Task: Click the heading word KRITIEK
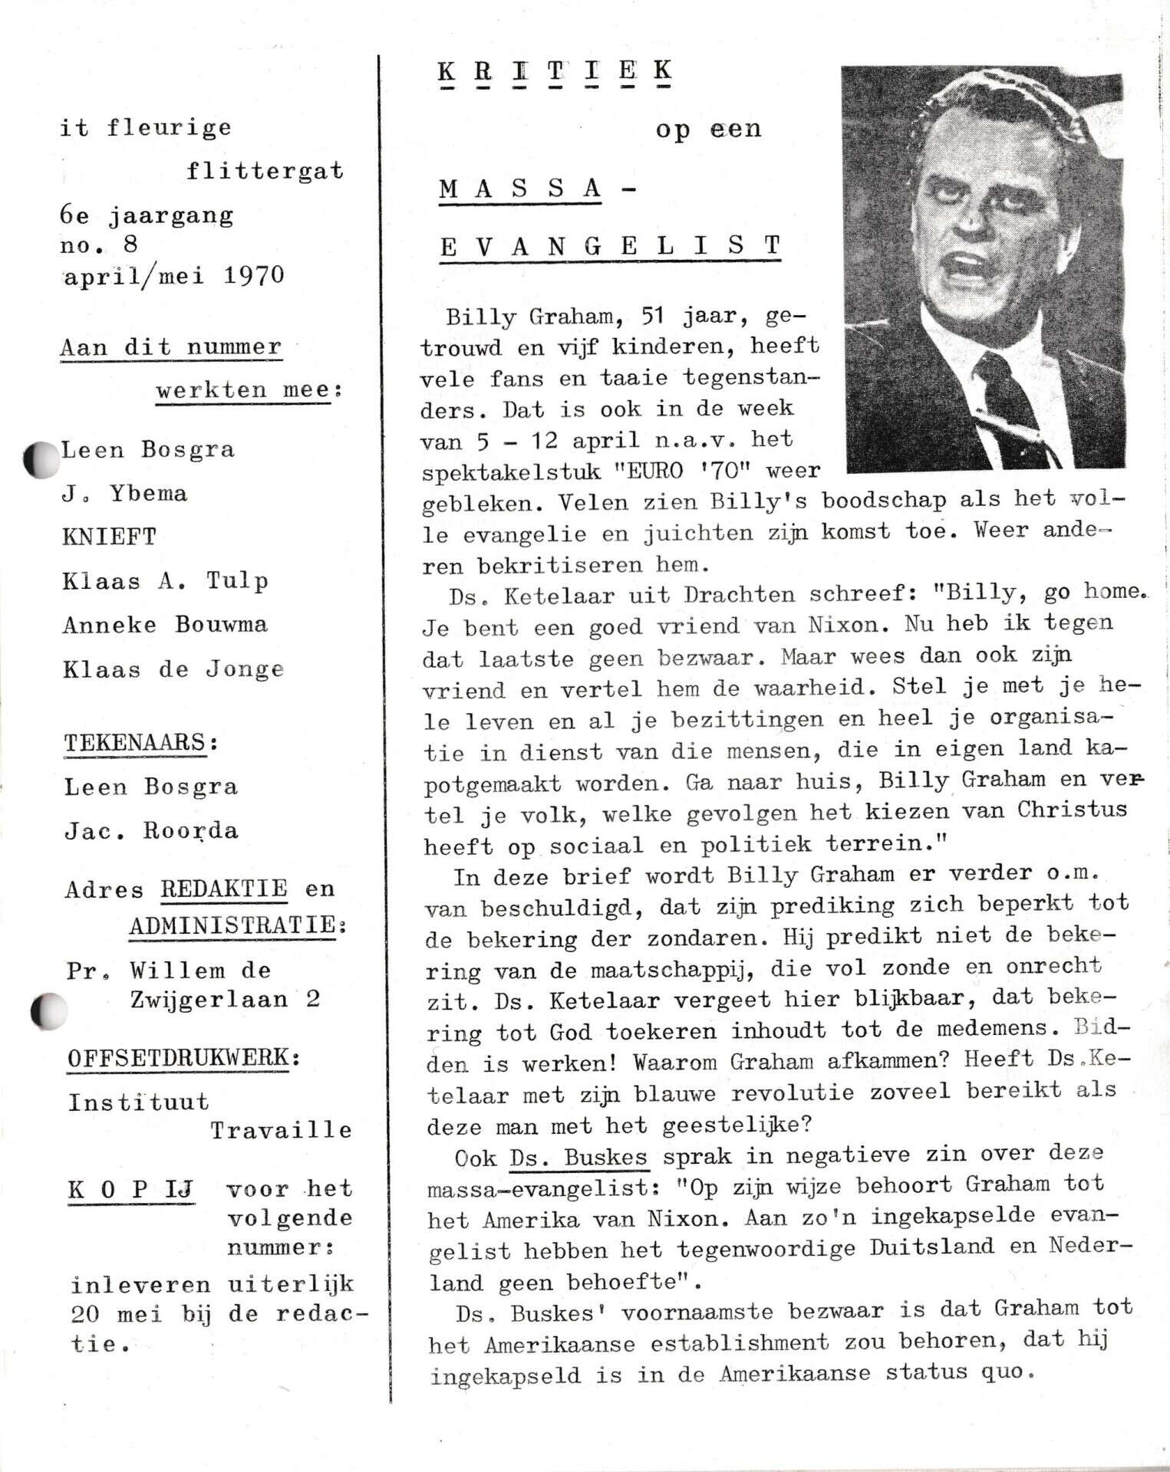[554, 71]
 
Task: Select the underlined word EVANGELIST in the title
[610, 245]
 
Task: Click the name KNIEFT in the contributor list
[109, 536]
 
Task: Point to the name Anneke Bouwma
[165, 624]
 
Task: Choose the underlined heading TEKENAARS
[135, 743]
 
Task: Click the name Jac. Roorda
[151, 831]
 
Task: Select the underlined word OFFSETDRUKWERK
[179, 1058]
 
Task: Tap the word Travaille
[282, 1130]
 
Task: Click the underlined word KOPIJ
[130, 1190]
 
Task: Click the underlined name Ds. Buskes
[579, 1156]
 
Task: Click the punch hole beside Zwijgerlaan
[48, 1010]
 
